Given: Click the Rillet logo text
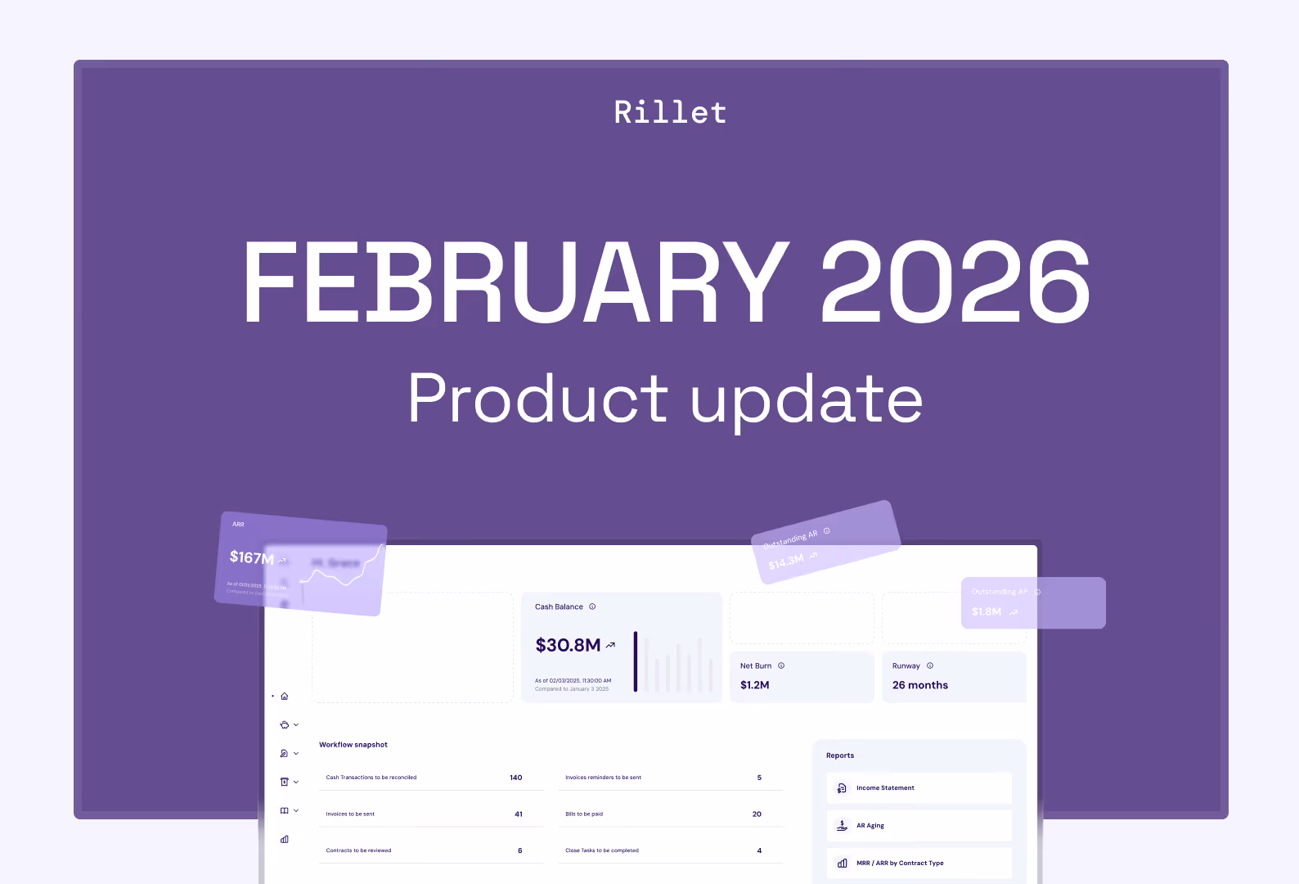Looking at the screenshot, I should [670, 112].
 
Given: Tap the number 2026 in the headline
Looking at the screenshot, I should [955, 282].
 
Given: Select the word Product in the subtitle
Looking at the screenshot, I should [537, 399].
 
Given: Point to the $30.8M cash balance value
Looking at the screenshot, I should [568, 645].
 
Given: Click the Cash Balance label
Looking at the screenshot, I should [559, 607].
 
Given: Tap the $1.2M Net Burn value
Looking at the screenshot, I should [754, 685].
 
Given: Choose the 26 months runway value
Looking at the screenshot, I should [919, 685].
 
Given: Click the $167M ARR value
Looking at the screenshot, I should [251, 557].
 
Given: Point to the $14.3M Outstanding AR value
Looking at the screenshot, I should [786, 561].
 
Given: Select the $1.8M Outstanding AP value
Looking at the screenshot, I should [986, 611].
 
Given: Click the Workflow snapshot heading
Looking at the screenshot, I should [353, 745].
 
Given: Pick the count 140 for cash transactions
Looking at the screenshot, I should [515, 778].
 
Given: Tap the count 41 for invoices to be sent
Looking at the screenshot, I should [518, 814].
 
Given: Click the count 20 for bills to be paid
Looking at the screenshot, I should [757, 814].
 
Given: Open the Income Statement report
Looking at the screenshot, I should [885, 788].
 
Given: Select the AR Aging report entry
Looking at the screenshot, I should [870, 826].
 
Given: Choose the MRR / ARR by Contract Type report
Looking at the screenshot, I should [899, 864].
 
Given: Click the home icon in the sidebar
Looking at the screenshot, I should [285, 697].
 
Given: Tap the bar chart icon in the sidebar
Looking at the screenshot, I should [285, 839].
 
